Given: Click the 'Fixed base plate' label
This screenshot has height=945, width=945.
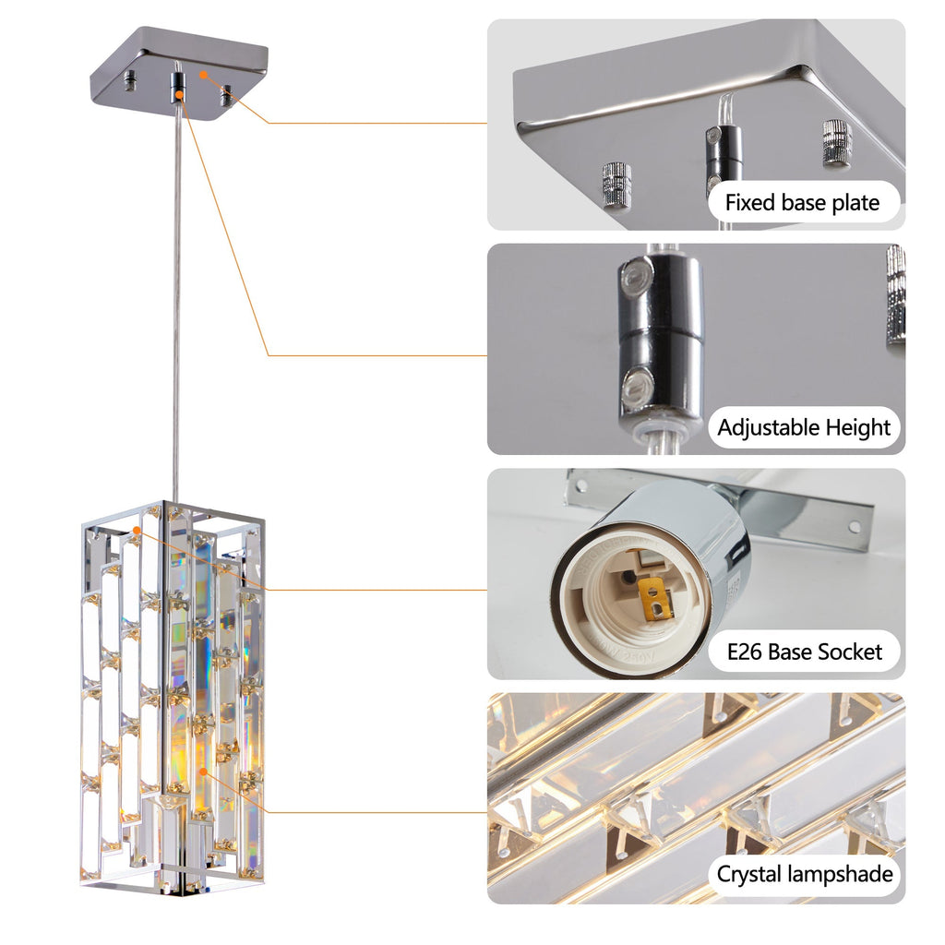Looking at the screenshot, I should click(x=803, y=202).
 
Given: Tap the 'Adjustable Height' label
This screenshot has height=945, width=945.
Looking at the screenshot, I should click(x=804, y=427).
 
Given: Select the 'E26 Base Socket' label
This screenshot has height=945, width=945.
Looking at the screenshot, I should click(x=804, y=652).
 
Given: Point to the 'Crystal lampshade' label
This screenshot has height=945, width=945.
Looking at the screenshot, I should click(x=805, y=874).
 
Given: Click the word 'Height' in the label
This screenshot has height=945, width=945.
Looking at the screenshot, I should click(x=856, y=427).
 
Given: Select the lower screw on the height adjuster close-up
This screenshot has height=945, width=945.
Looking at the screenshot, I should click(x=638, y=386).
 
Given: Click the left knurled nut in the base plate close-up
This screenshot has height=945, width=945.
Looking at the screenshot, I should click(x=616, y=185).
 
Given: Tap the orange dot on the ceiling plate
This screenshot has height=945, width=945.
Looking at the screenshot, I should click(x=204, y=74).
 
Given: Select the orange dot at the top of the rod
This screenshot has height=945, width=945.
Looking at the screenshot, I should click(x=180, y=95).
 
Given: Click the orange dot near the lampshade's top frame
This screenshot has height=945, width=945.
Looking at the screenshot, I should click(x=138, y=532).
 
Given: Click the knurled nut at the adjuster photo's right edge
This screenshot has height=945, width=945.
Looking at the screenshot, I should click(x=895, y=295).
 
